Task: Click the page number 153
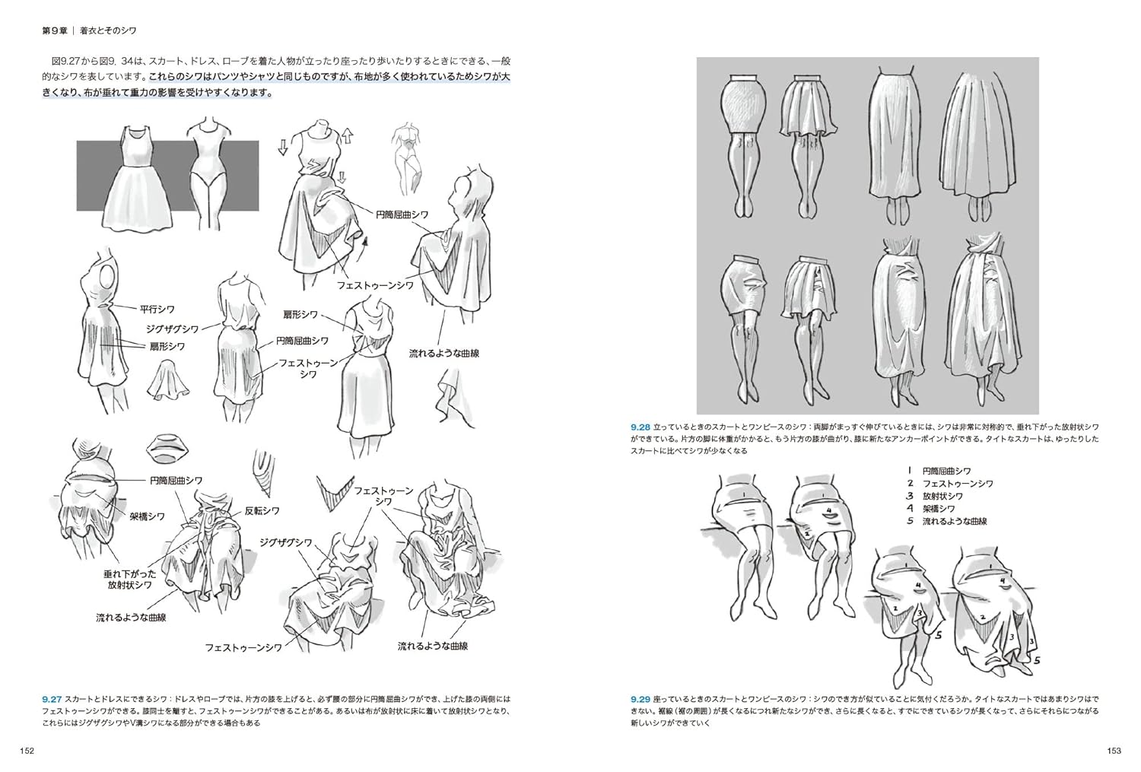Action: [x=1114, y=751]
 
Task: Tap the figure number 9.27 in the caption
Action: [x=52, y=698]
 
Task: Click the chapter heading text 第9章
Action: [x=56, y=31]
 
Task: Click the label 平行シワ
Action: [x=157, y=310]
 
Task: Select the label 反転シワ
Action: [x=262, y=510]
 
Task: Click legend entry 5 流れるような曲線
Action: [x=946, y=521]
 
